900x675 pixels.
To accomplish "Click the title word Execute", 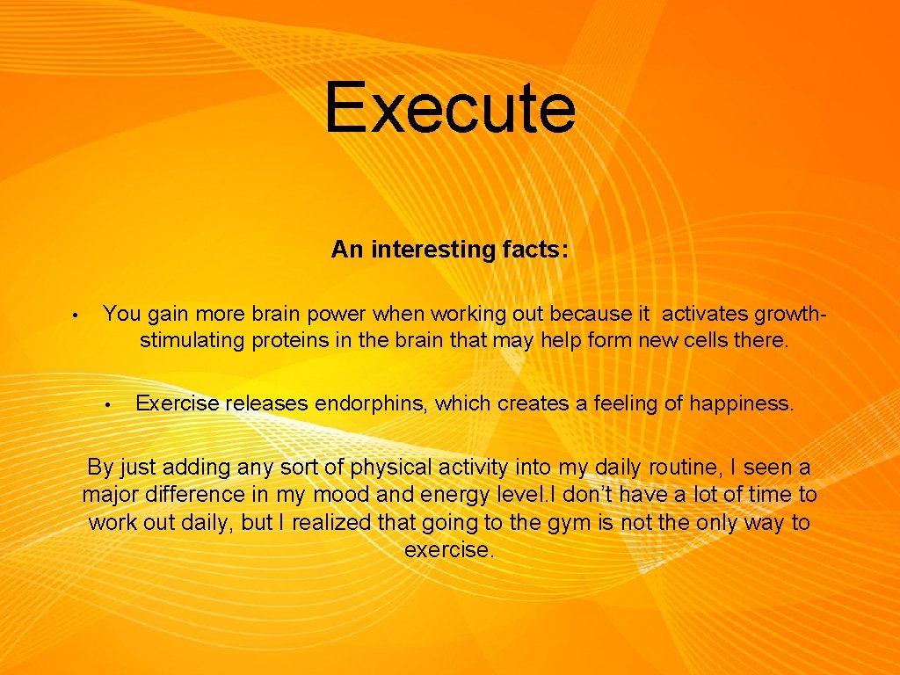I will [x=450, y=108].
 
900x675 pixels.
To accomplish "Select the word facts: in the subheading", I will [x=535, y=250].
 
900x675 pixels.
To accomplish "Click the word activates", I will [x=700, y=314].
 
